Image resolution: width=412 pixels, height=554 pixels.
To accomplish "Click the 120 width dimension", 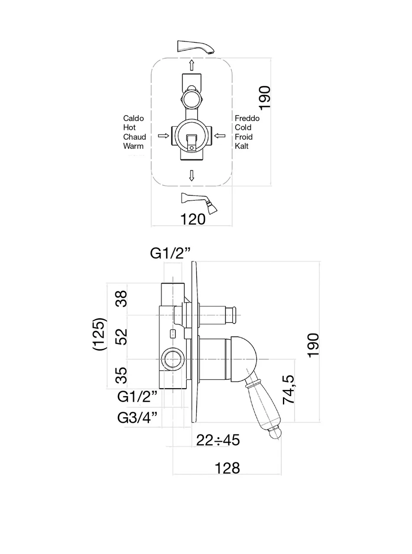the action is (x=193, y=219).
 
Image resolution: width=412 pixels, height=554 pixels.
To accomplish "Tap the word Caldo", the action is (x=133, y=118).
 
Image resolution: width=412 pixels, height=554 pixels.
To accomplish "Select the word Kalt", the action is (x=241, y=146).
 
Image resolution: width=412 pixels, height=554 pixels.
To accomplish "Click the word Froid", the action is (x=244, y=137).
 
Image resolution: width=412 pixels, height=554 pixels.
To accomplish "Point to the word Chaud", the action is (x=134, y=137).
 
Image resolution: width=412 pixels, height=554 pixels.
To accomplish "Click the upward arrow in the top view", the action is (x=191, y=65).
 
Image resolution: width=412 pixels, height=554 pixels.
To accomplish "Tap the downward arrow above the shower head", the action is (x=191, y=175).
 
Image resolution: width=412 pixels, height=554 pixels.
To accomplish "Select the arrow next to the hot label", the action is (x=163, y=136).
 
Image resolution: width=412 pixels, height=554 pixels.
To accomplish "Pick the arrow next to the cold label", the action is (x=220, y=136).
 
